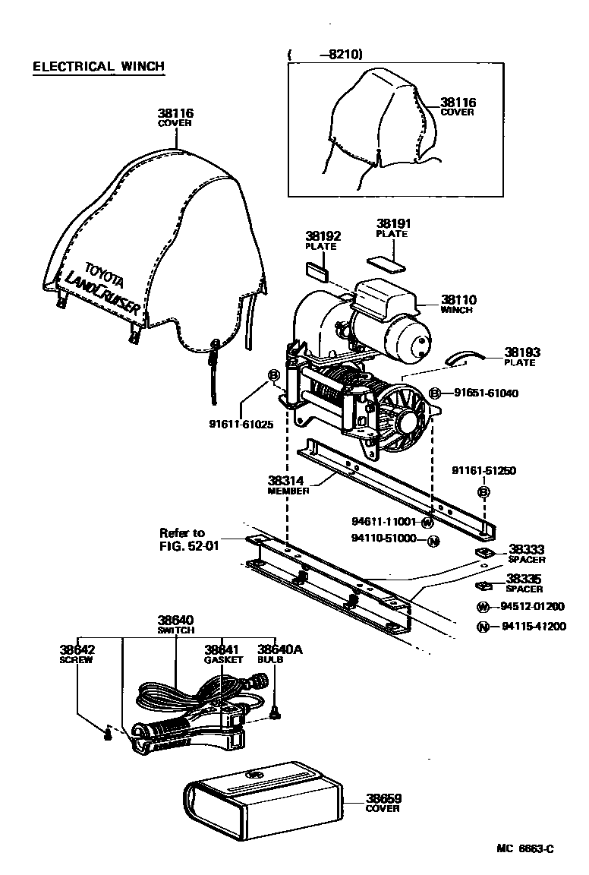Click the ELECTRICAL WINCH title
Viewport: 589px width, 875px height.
(x=98, y=67)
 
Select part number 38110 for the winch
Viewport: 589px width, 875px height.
(x=456, y=300)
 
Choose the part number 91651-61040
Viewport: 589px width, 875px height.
(x=486, y=393)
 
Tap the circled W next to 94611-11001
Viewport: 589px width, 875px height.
(x=427, y=523)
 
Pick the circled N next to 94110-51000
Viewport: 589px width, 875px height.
(x=433, y=541)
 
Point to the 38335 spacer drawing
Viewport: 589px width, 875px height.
(x=483, y=585)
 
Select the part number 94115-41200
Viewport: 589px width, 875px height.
(x=533, y=627)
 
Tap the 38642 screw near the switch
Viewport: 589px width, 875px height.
(x=108, y=733)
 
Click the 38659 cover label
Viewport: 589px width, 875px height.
(x=383, y=803)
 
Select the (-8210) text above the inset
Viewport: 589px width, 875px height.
(x=326, y=54)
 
